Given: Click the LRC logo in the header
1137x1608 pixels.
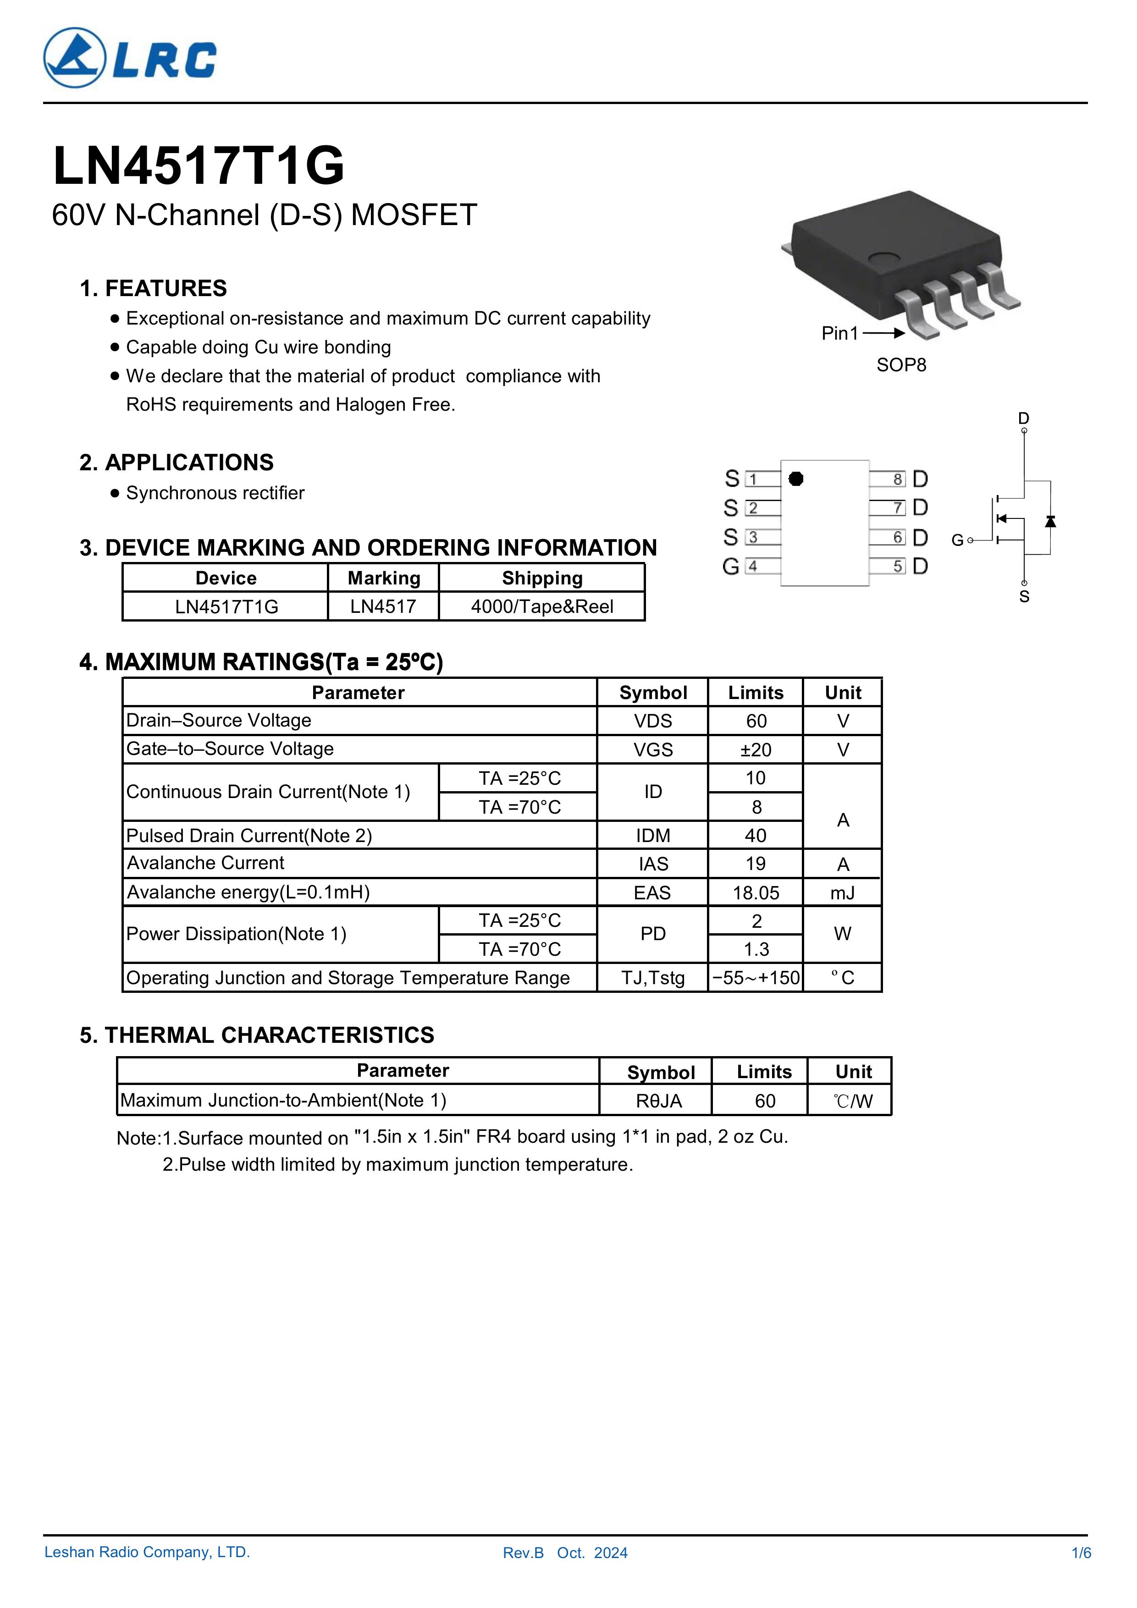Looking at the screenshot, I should click(x=130, y=58).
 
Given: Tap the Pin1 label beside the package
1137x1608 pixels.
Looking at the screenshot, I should click(x=839, y=333).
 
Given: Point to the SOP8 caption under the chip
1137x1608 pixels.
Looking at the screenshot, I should click(x=901, y=365).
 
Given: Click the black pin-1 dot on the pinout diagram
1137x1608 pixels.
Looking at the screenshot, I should click(x=796, y=479).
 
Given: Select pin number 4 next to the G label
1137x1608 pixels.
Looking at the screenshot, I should click(x=752, y=566).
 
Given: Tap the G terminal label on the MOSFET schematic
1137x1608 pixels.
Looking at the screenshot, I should click(x=957, y=540).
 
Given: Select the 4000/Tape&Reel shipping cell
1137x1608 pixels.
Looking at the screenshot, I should click(x=541, y=606).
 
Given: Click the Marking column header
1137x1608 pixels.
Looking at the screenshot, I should click(x=384, y=578).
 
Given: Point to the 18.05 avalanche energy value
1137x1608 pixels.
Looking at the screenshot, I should click(x=756, y=893).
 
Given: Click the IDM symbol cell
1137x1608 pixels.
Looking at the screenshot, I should click(x=653, y=836).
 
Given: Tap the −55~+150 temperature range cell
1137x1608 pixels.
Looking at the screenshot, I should click(x=756, y=978).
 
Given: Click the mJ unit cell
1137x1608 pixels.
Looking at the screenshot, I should click(x=843, y=893).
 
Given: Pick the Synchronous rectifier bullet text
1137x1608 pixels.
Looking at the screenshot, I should click(x=215, y=493).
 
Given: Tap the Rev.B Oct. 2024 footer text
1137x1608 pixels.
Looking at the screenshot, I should click(x=565, y=1572).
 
